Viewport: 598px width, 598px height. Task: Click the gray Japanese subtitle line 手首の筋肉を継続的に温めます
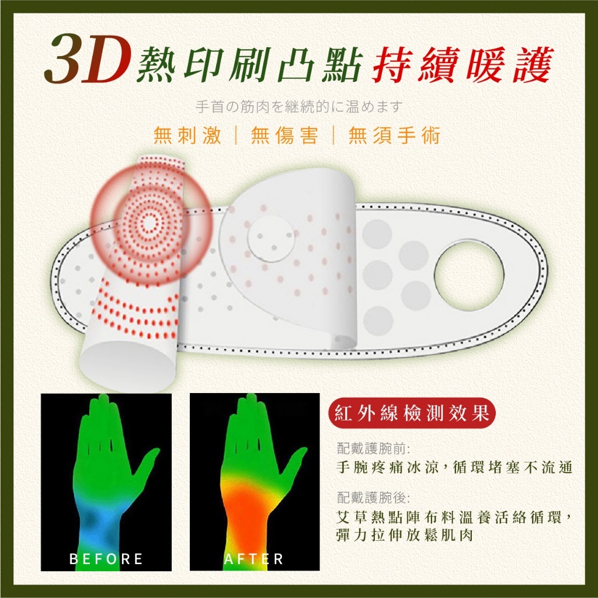pos(299,107)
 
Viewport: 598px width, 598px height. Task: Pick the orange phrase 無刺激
pos(188,135)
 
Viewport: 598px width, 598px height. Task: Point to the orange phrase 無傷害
pos(285,135)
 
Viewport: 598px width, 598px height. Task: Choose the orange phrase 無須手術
pos(394,135)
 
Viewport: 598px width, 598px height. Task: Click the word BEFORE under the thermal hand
pos(106,559)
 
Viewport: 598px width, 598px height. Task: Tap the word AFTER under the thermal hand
pos(254,559)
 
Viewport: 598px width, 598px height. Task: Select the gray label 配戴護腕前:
pos(374,448)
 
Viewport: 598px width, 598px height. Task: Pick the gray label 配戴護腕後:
pos(374,498)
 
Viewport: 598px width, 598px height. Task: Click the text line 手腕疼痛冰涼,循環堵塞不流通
pos(454,467)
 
